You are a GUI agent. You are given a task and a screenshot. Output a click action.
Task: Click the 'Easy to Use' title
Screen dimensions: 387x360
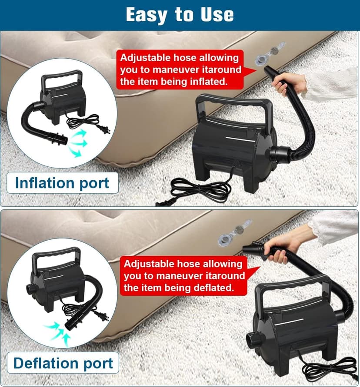(x=180, y=14)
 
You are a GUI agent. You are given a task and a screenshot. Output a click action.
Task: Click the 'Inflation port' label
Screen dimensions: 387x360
(x=62, y=183)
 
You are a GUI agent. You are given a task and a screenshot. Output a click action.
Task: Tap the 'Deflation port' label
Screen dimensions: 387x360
(x=63, y=363)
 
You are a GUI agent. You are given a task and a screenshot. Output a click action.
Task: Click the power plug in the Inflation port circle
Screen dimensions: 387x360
(x=103, y=129)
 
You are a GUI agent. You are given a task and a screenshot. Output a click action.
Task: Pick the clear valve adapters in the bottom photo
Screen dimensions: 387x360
(x=235, y=232)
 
